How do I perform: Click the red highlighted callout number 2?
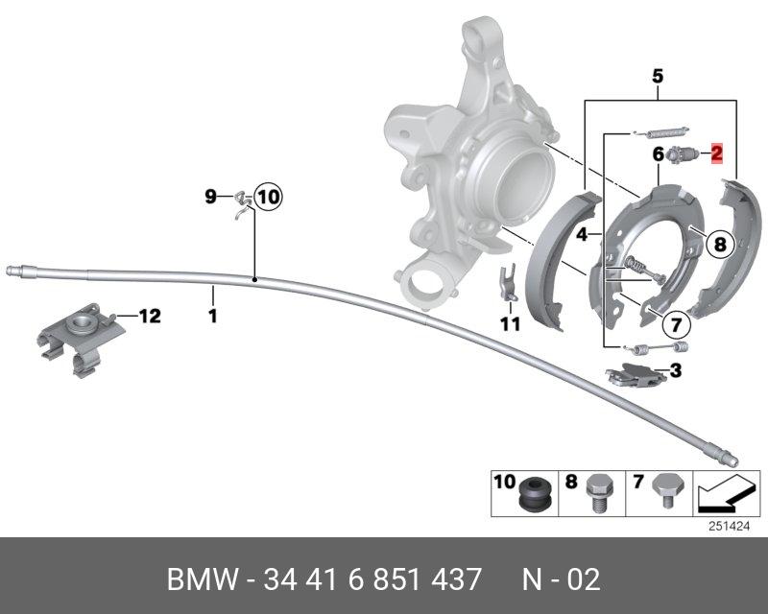[x=716, y=153]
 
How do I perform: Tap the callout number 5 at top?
[x=658, y=74]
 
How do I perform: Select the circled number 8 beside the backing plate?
[x=718, y=244]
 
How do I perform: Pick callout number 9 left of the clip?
[x=211, y=198]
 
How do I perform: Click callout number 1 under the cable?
[x=213, y=315]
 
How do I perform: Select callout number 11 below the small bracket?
[x=510, y=324]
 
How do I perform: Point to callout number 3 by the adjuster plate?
[x=676, y=369]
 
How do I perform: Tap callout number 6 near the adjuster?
[x=659, y=153]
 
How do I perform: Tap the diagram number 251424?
[x=729, y=526]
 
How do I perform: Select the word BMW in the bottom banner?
[x=201, y=579]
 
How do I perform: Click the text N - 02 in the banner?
[x=561, y=579]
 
